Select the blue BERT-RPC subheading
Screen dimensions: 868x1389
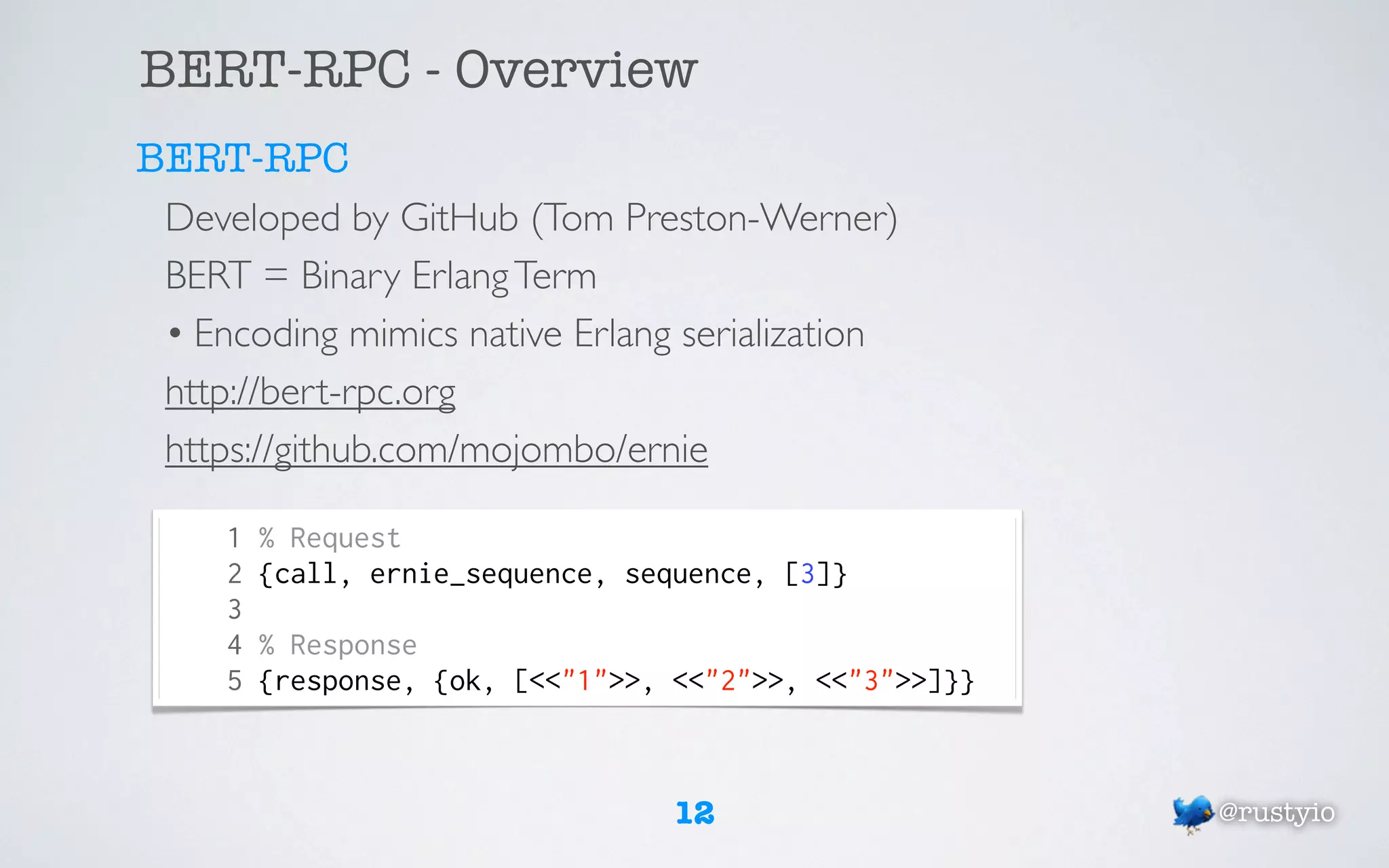242,158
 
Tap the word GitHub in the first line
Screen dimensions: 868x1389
459,218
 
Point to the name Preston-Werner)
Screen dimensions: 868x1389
761,218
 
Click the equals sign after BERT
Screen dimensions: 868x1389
275,275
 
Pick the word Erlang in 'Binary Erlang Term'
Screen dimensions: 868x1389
460,277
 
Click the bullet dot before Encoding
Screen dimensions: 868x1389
175,334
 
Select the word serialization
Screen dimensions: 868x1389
772,334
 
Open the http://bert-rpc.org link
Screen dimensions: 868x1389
310,392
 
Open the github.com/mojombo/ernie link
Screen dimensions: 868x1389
436,450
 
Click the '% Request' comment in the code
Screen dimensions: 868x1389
330,538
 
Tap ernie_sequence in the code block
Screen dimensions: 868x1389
481,574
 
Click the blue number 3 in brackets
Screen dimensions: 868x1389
807,574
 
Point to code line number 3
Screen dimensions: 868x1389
235,610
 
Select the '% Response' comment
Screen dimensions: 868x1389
338,645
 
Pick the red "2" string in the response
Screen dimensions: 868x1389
728,680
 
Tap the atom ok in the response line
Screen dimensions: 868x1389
465,681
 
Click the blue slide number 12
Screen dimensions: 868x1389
695,812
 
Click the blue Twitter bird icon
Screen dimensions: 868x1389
1192,812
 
